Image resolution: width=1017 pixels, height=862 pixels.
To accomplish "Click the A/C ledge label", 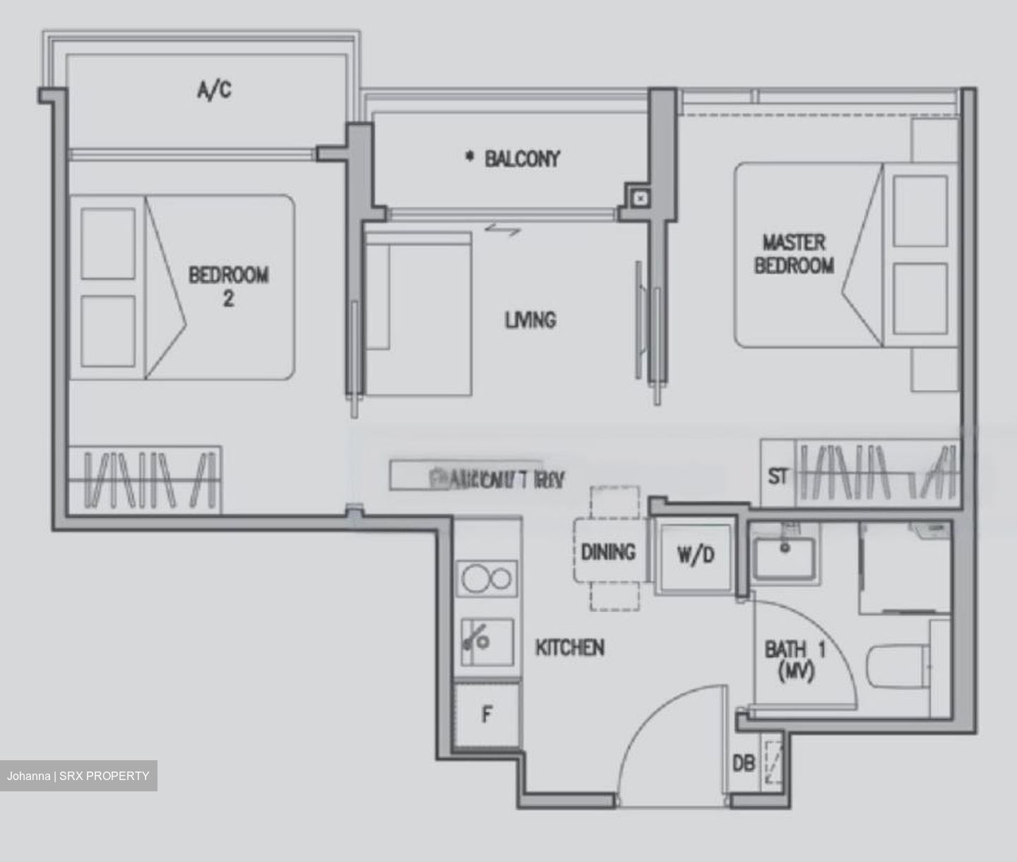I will [x=214, y=90].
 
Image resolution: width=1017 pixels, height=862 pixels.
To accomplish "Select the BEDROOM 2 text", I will [x=228, y=285].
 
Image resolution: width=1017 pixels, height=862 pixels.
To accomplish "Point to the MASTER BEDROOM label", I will [x=794, y=254].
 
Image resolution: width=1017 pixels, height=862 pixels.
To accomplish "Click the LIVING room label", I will [x=530, y=320].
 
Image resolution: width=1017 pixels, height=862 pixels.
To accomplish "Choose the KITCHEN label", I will [x=569, y=647].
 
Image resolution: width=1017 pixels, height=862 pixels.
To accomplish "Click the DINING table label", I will [x=608, y=552].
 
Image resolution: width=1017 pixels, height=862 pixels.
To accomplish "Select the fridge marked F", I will [x=487, y=715].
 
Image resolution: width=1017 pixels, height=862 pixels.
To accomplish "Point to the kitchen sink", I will [x=487, y=641].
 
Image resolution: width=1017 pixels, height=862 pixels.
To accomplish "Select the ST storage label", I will [x=778, y=476].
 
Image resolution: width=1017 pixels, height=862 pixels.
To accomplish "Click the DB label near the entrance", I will [x=743, y=763].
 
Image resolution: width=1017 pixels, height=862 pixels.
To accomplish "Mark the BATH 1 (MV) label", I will [x=795, y=660].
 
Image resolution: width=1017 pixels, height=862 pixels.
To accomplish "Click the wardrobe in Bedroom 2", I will [x=144, y=479].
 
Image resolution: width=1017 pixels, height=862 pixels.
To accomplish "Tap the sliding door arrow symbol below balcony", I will [x=503, y=229].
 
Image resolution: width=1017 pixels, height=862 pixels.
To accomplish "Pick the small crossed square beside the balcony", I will [x=640, y=199].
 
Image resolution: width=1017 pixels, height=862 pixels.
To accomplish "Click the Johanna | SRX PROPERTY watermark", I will [x=78, y=776].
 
